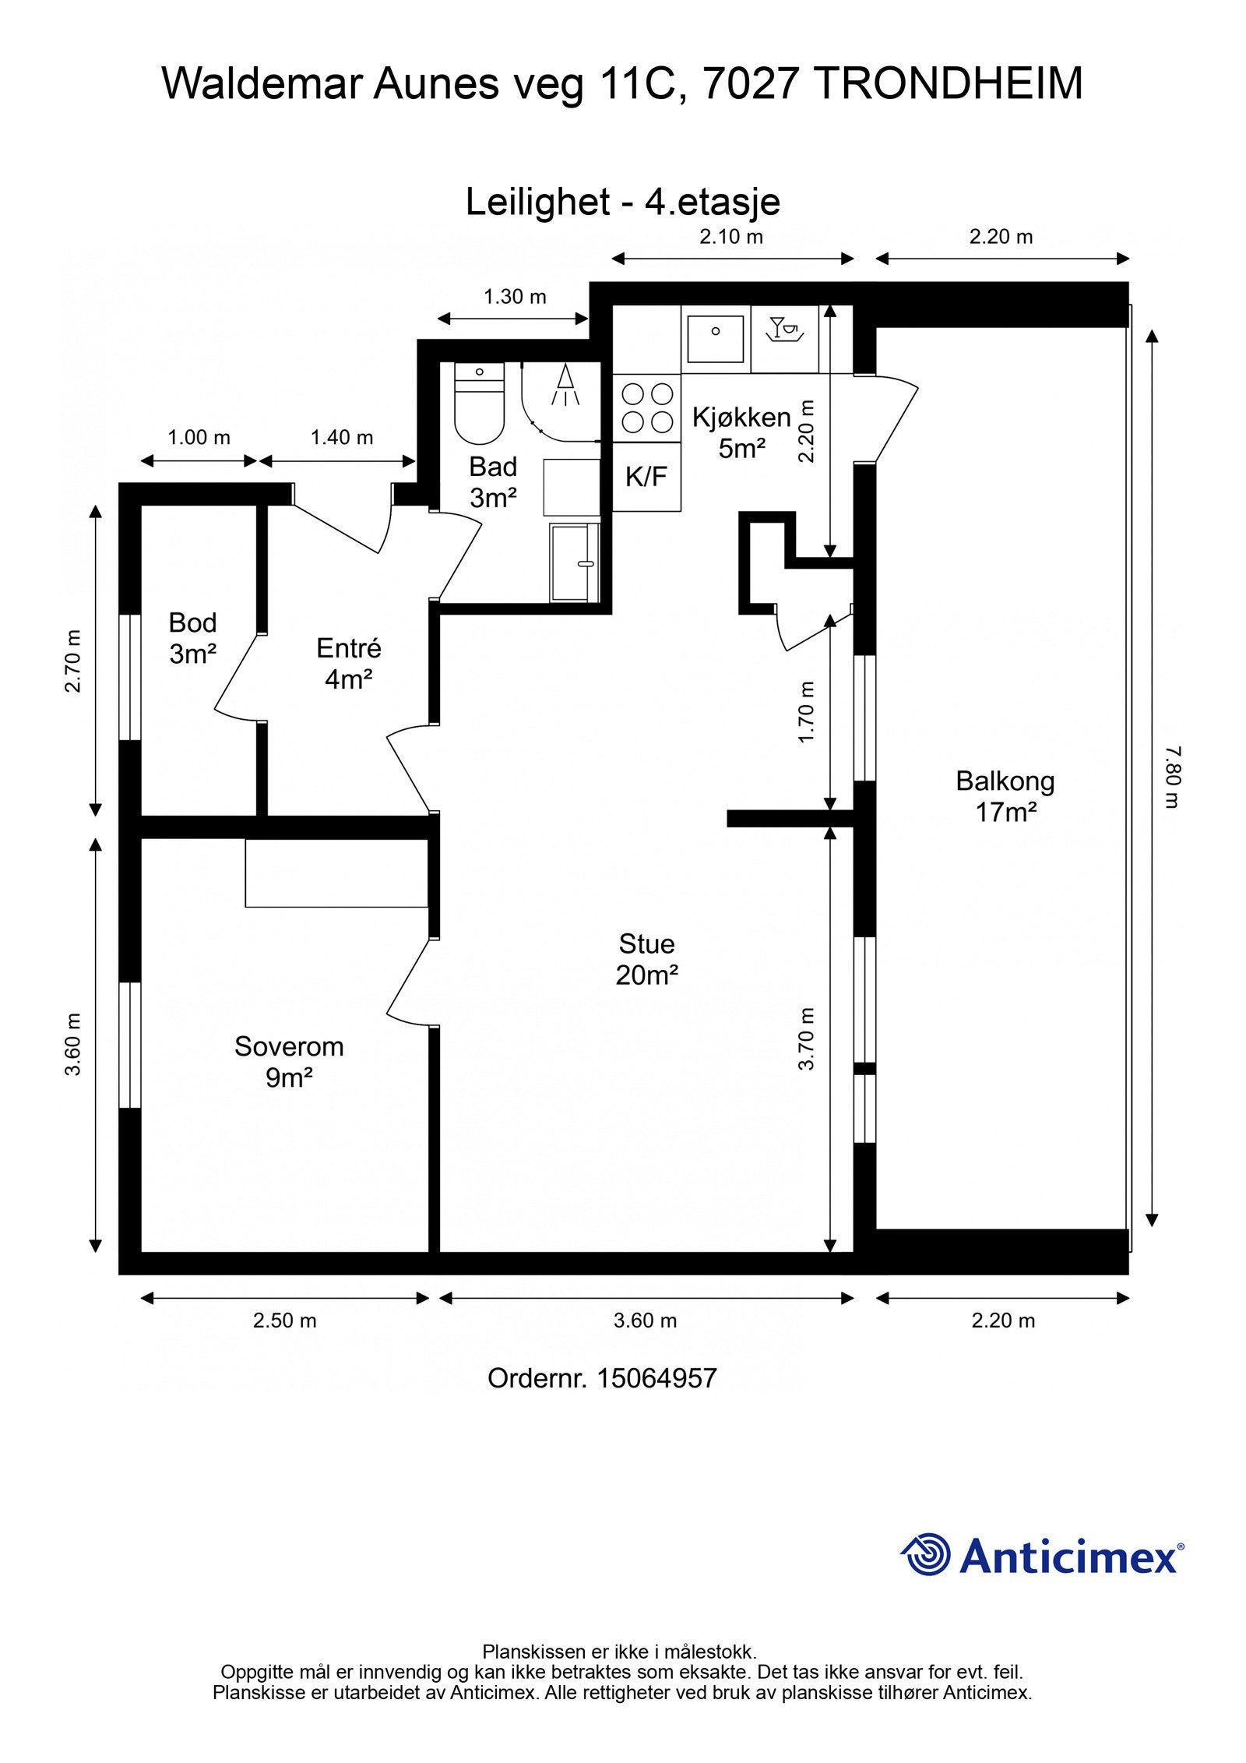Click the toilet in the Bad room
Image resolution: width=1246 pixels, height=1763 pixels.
(479, 403)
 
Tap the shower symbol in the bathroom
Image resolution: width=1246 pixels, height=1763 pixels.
(565, 386)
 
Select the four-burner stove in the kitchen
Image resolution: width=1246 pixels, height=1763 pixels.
(646, 407)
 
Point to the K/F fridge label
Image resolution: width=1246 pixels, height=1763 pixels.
(646, 477)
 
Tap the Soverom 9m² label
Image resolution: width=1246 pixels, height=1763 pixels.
(289, 1061)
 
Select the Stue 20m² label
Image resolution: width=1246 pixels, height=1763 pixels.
(646, 959)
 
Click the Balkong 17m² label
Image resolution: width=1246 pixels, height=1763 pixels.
(1005, 796)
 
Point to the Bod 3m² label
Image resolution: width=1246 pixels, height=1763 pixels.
(192, 638)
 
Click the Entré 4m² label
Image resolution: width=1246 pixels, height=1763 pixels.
(348, 664)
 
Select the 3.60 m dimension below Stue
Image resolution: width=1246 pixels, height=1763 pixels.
(645, 1320)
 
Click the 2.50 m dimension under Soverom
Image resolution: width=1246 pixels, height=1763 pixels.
(284, 1320)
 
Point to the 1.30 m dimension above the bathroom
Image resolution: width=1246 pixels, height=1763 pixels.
(515, 297)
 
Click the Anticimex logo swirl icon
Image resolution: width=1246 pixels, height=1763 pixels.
(926, 1554)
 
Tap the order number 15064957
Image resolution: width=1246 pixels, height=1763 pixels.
(656, 1378)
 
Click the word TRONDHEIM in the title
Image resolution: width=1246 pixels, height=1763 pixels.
(951, 83)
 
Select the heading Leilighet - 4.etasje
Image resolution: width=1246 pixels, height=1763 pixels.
(623, 202)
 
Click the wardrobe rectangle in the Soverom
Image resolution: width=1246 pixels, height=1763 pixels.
(337, 873)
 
